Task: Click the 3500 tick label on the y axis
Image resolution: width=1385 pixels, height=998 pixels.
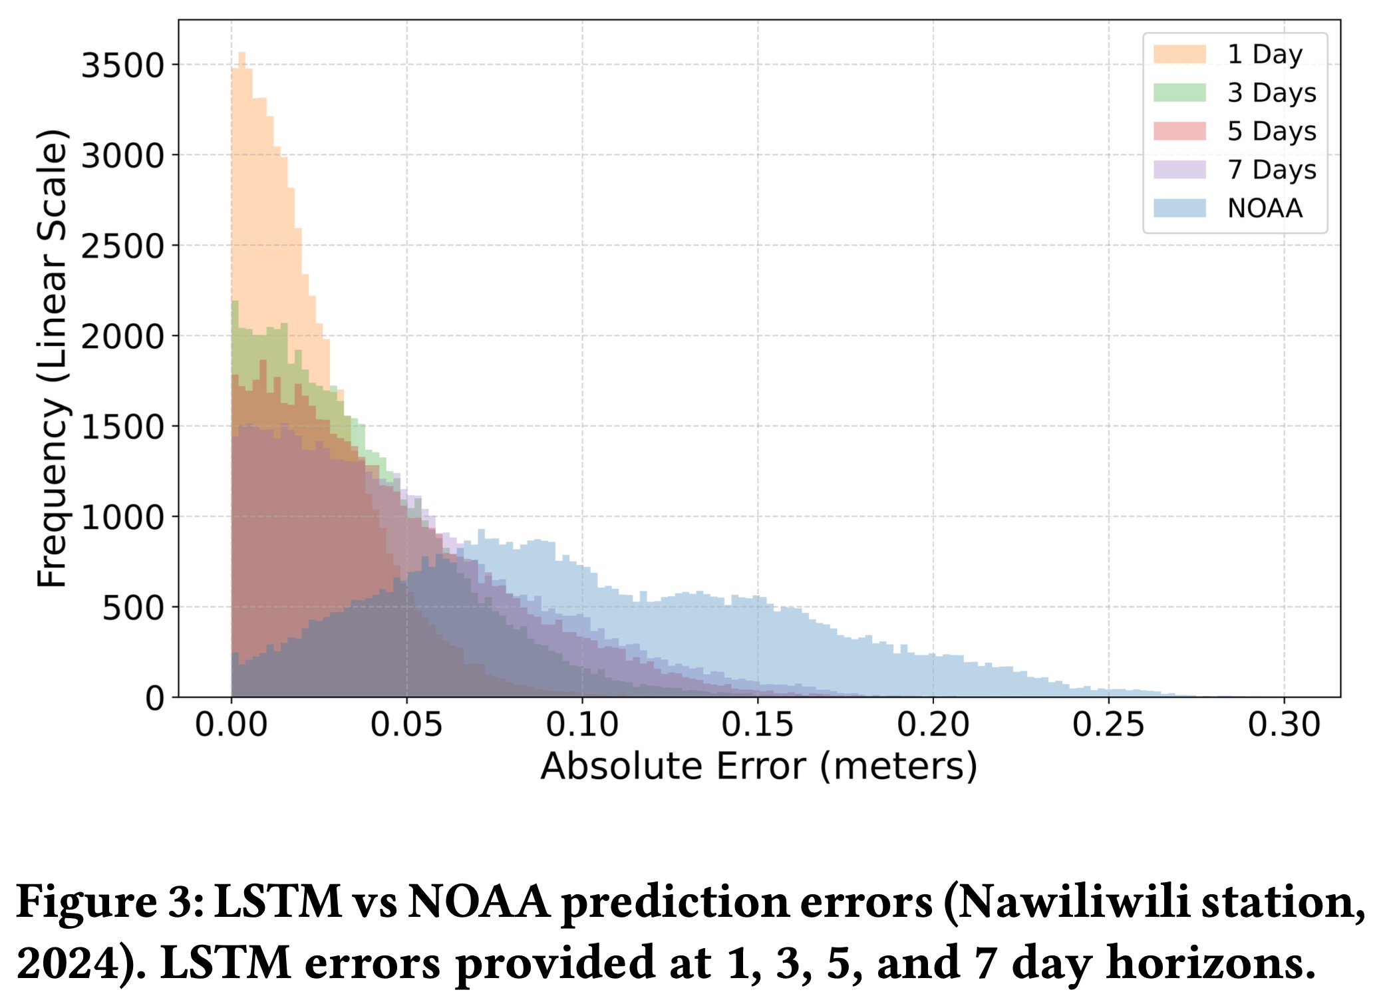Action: tap(122, 66)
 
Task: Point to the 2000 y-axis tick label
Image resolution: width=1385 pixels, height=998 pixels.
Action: tap(122, 337)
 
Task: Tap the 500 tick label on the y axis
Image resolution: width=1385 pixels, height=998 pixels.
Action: tap(133, 607)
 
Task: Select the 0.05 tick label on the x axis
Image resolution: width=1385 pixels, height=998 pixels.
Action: tap(406, 725)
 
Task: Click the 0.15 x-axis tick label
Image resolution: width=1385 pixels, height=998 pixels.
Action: tap(757, 725)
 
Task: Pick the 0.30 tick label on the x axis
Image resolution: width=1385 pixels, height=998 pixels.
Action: tap(1283, 725)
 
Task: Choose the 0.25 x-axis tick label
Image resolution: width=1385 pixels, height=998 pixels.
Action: tap(1108, 725)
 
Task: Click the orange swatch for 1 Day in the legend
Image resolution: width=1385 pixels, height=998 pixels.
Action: tap(1179, 55)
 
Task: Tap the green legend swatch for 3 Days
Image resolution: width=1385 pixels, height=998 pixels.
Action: tap(1179, 93)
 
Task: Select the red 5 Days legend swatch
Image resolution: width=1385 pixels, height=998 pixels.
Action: tap(1179, 131)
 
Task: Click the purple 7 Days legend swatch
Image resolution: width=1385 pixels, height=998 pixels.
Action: tap(1179, 170)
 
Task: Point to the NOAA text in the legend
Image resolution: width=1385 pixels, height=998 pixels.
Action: tap(1265, 209)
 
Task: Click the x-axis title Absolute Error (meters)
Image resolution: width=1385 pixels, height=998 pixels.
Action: tap(759, 766)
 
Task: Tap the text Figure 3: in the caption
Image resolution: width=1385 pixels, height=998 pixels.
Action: tap(110, 903)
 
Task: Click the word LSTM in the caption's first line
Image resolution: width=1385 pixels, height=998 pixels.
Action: tap(279, 903)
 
